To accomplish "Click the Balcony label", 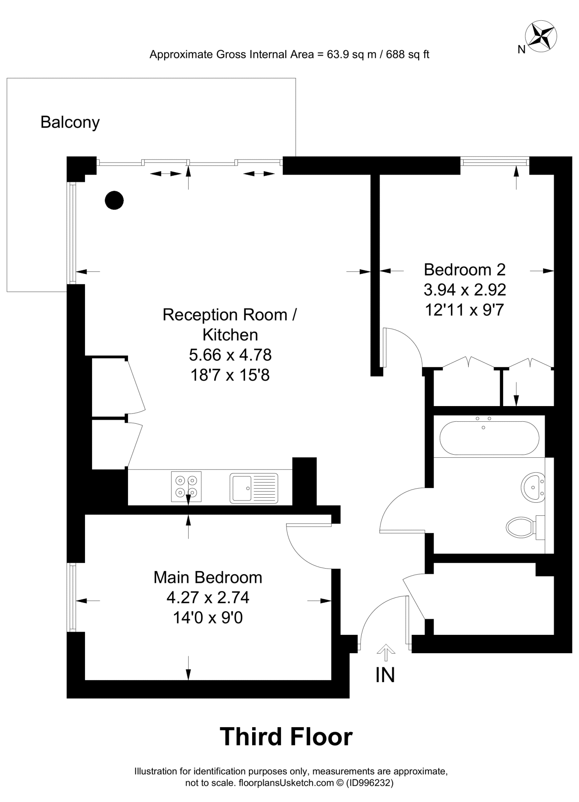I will click(70, 123).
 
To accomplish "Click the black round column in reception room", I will click(114, 200).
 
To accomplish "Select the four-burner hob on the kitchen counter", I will click(186, 486).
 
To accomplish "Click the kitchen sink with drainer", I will click(254, 488).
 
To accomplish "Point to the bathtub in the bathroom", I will click(489, 438).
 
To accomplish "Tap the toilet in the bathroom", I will click(521, 527).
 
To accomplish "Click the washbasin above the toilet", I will click(533, 488).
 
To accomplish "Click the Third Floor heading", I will click(286, 737).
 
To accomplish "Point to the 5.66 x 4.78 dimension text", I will click(230, 355).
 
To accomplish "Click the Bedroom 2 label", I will click(465, 270).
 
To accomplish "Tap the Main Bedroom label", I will click(207, 578).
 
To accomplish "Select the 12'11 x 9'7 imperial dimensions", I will click(464, 310).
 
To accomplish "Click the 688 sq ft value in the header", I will click(408, 54).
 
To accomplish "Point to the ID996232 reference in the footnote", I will click(370, 783).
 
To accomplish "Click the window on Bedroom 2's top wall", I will click(494, 161).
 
